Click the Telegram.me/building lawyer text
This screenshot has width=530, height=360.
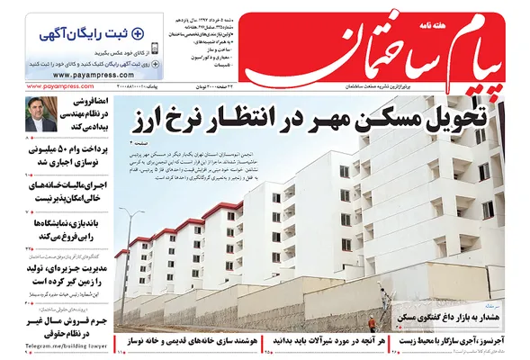pos(51,345)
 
